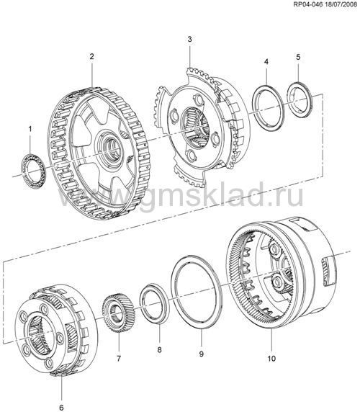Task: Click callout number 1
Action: point(30,129)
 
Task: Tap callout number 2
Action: point(91,56)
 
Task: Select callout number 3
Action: point(189,39)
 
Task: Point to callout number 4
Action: point(266,62)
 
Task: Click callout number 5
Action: point(298,57)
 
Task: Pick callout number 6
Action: point(61,407)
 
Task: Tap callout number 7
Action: point(119,358)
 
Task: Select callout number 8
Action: point(159,350)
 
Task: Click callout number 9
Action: point(201,354)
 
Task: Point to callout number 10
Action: point(271,358)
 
